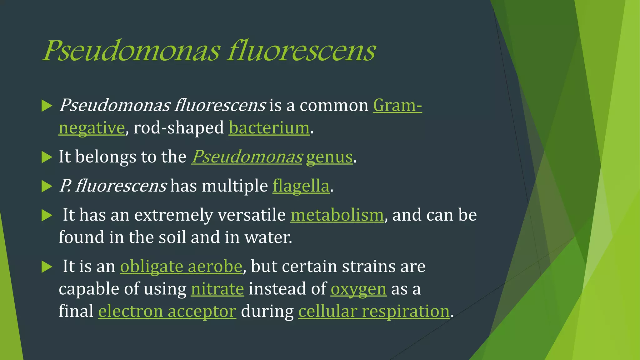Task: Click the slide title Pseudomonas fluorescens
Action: click(x=209, y=51)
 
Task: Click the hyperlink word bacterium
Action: click(x=269, y=128)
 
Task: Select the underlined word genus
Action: click(x=329, y=157)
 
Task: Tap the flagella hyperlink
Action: click(x=301, y=186)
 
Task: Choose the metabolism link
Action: click(x=337, y=215)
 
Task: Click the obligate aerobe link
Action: click(x=181, y=266)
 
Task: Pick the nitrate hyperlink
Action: click(x=217, y=289)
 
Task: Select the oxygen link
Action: click(x=358, y=289)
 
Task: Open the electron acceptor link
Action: click(x=167, y=311)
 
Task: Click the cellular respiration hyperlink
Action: click(x=374, y=311)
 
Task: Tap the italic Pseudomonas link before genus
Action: click(x=247, y=157)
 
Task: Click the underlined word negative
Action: click(x=92, y=128)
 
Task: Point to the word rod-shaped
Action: click(x=179, y=128)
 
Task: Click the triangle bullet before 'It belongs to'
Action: click(x=47, y=157)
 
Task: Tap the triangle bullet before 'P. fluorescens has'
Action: click(x=47, y=186)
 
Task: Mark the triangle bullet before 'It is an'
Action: click(x=47, y=267)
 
